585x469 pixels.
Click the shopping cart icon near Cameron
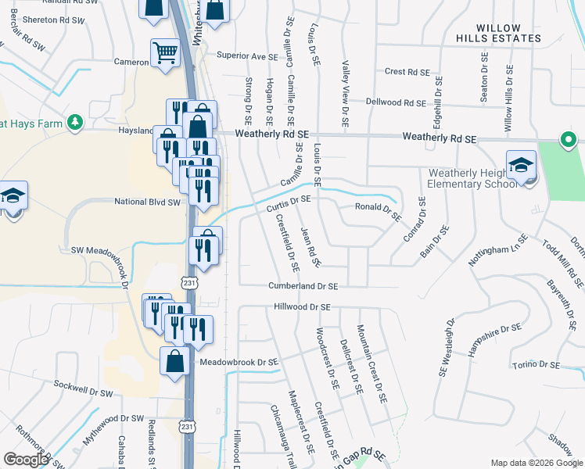[165, 54]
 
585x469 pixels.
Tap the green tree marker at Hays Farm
[75, 122]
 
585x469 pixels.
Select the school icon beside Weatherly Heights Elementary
[521, 166]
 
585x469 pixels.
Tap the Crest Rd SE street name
[407, 71]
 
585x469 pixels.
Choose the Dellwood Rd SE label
[397, 102]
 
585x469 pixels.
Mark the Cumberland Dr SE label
[303, 287]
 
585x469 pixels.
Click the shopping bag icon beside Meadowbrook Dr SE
[174, 361]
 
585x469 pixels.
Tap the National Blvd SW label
[147, 202]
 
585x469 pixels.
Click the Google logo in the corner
[26, 460]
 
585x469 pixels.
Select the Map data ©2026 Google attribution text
[536, 463]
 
